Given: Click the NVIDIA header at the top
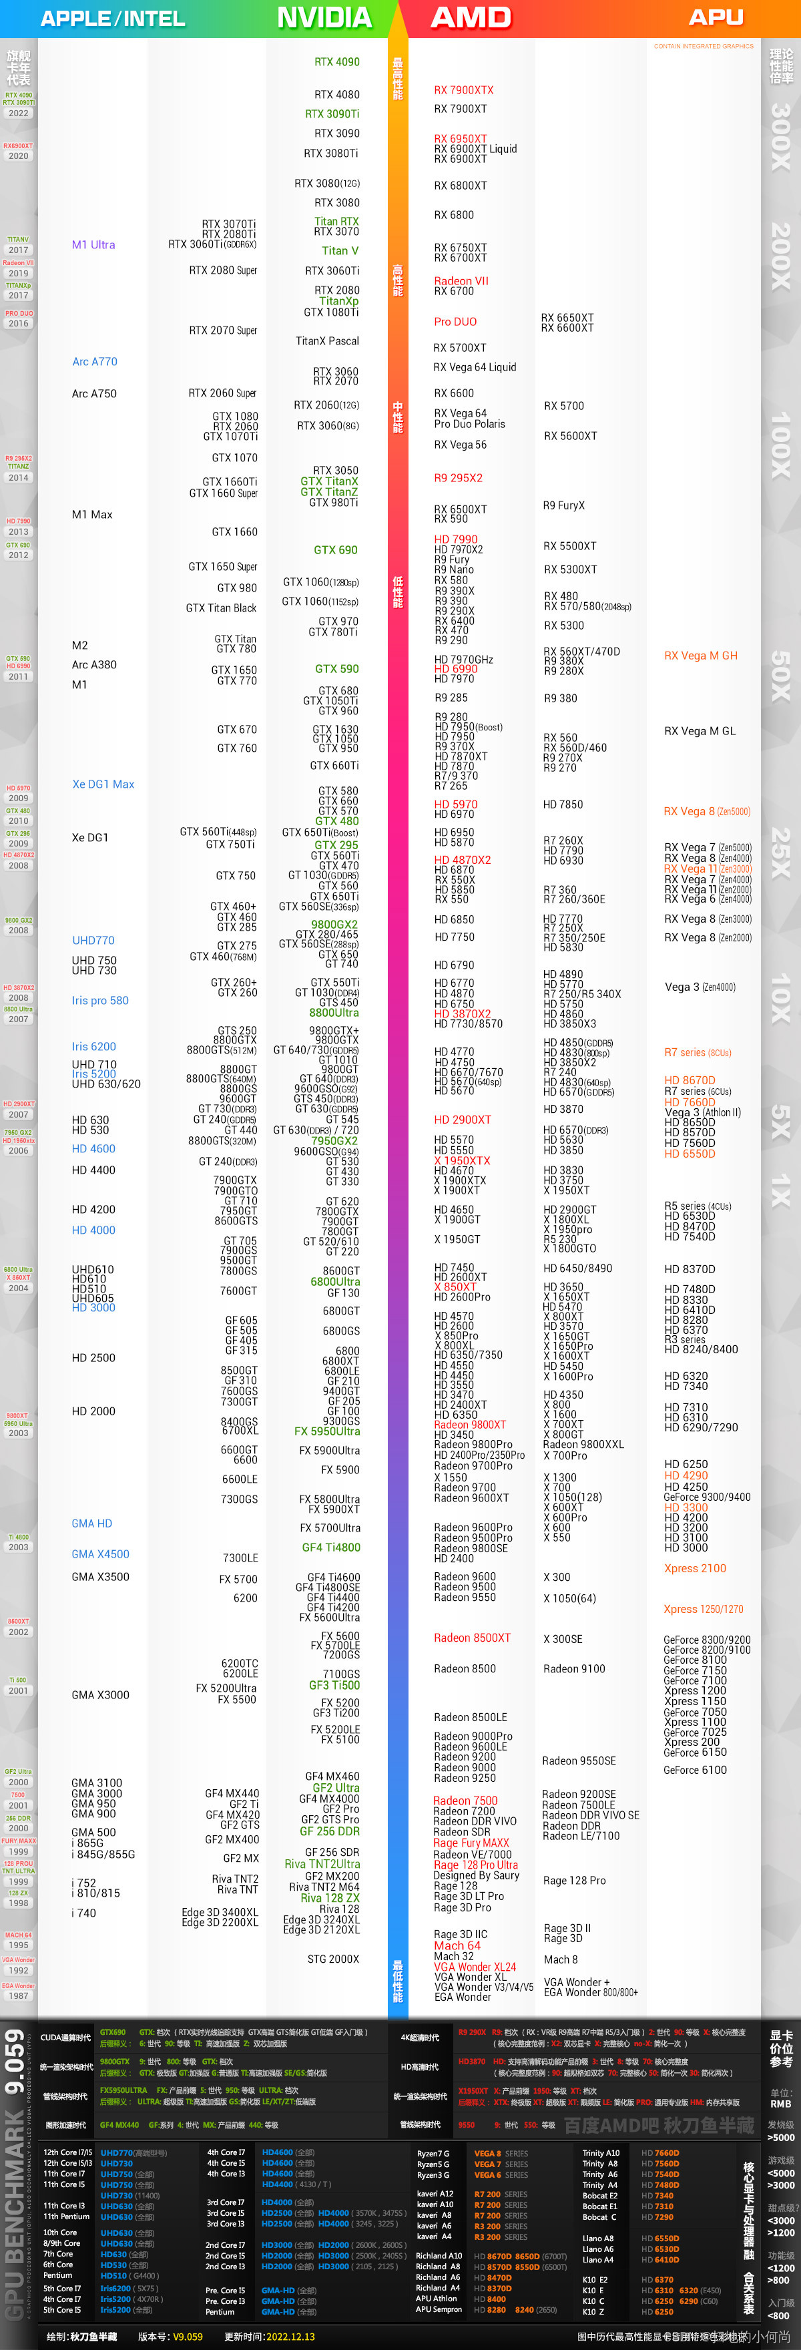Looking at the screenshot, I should (x=324, y=17).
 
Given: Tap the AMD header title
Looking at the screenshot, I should (x=471, y=17).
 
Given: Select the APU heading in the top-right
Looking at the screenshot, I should (x=716, y=17).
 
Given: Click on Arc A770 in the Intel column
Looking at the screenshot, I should (x=95, y=361).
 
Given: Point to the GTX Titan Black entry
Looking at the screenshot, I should (x=221, y=608).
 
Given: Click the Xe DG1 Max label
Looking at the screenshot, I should (x=103, y=784).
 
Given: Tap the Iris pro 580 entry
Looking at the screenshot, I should (x=100, y=1000).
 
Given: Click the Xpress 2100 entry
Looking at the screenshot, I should (x=694, y=1568).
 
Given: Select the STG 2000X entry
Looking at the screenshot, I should (x=333, y=1959).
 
